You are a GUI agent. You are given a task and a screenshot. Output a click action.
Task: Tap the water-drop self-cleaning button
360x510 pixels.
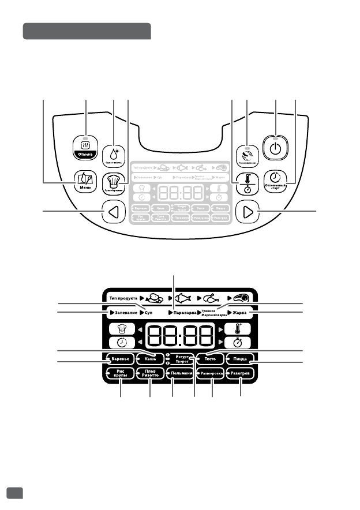tap(114, 155)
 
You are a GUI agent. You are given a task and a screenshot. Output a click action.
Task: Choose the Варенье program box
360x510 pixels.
tap(120, 359)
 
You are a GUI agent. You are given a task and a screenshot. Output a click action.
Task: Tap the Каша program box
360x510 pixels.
tap(151, 359)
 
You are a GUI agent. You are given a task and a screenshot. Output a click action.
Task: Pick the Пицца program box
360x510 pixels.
tap(241, 359)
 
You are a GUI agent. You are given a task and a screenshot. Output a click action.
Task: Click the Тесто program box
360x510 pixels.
tap(211, 359)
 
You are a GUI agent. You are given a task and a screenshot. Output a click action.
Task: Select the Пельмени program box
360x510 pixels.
tap(181, 374)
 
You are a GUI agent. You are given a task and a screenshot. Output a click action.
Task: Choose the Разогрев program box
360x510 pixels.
tap(241, 374)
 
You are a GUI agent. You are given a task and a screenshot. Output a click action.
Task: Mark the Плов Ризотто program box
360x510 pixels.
tap(150, 374)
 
